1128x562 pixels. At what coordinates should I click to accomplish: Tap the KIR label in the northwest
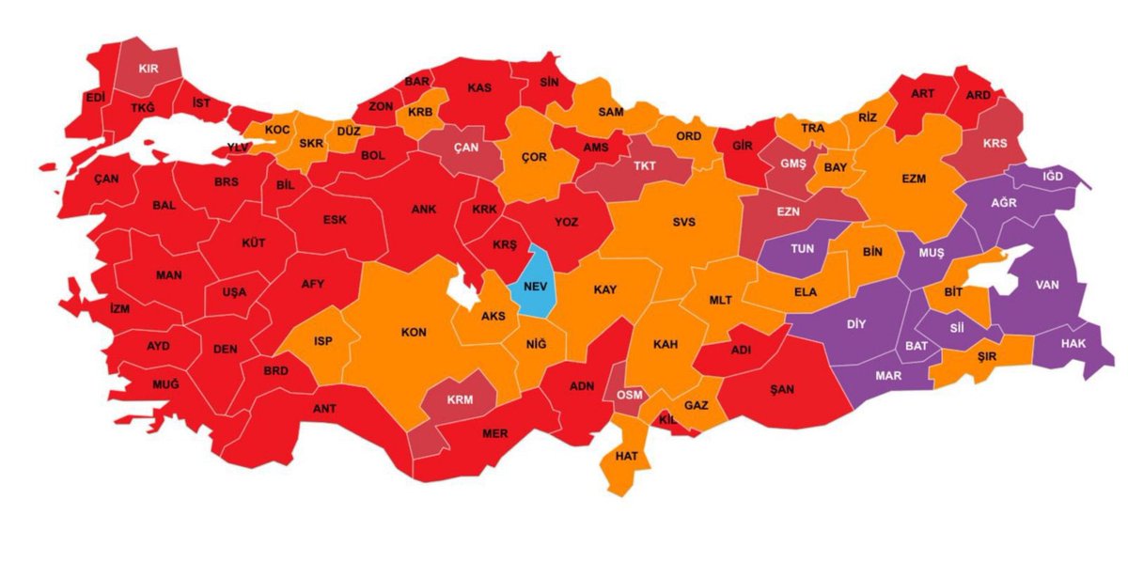(x=149, y=69)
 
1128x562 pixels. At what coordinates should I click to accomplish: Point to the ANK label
(x=423, y=211)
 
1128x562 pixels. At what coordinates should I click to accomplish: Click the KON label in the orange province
(x=414, y=333)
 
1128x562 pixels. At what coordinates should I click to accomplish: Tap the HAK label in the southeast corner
(x=1073, y=344)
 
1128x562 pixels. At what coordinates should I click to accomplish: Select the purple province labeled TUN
(x=802, y=250)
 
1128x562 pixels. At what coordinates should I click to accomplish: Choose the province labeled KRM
(x=458, y=398)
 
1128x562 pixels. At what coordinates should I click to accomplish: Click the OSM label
(x=629, y=395)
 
